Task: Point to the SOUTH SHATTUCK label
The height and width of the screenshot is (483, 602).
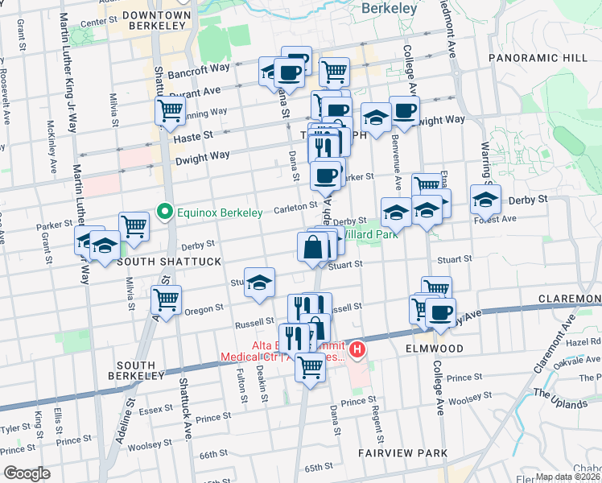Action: click(158, 262)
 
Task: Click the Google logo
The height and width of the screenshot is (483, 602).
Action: click(27, 473)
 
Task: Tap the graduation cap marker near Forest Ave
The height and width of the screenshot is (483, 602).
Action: click(485, 199)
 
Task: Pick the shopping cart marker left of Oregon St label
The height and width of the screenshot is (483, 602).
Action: click(166, 300)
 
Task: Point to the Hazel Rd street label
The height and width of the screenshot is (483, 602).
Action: click(585, 342)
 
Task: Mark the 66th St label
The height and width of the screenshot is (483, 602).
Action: click(215, 455)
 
